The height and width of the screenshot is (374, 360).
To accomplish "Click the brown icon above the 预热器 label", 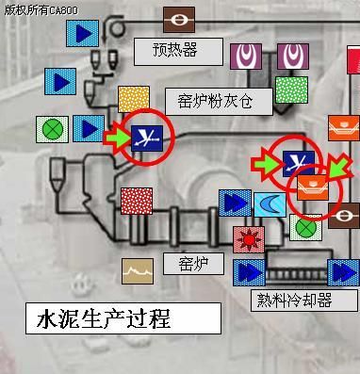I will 178,19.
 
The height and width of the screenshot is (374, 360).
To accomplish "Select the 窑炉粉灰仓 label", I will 218,102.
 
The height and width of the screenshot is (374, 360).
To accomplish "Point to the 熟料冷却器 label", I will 293,301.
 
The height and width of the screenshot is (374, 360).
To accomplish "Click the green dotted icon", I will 291,90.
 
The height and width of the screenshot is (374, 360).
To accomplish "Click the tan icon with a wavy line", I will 138,271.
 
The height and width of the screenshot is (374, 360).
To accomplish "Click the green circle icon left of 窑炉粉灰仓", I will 50,129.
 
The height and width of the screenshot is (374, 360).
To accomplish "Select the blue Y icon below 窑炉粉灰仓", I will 148,138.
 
